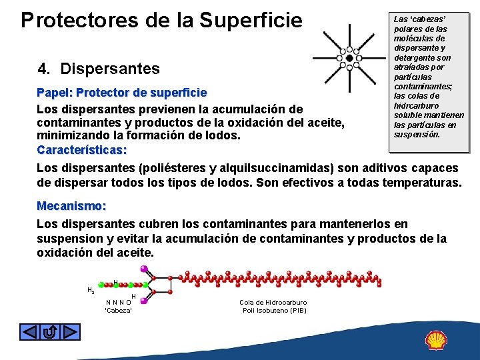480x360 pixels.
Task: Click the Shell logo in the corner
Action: [x=437, y=340]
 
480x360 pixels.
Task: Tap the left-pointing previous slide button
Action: [x=29, y=331]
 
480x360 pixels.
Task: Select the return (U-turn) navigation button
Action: [x=49, y=331]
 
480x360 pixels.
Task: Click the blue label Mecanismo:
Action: [x=71, y=206]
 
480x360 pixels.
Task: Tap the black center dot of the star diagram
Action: [x=349, y=58]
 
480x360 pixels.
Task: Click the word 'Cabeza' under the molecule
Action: [x=119, y=310]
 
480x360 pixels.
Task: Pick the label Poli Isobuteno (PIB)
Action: [x=274, y=310]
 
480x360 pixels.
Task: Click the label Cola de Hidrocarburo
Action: [x=273, y=302]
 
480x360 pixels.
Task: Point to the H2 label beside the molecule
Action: [x=91, y=290]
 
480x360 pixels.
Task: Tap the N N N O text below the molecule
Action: [x=118, y=302]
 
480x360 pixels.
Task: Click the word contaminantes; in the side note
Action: [x=423, y=87]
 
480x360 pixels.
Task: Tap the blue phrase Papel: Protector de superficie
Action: [x=121, y=92]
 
